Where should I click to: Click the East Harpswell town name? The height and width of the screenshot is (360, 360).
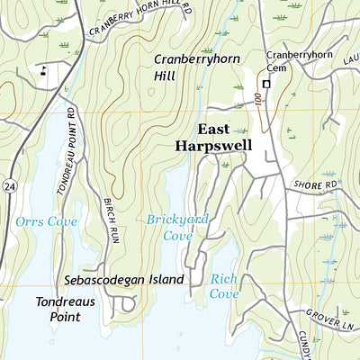coord(213,136)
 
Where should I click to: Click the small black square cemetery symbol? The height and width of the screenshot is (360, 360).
coord(265,84)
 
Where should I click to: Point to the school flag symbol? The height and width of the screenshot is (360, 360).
coord(43,68)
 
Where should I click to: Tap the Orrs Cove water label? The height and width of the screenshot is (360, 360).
coord(46,221)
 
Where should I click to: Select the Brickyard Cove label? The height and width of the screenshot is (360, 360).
coord(168,227)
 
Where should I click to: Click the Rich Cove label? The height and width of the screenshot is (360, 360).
coord(224,285)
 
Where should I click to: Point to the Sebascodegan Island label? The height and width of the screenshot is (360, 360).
coord(124,280)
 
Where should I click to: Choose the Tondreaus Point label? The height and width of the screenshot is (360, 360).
coord(65,310)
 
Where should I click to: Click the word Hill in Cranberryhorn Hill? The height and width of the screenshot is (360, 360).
coord(166,78)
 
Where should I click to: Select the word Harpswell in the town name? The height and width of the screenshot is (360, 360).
coord(213,145)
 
